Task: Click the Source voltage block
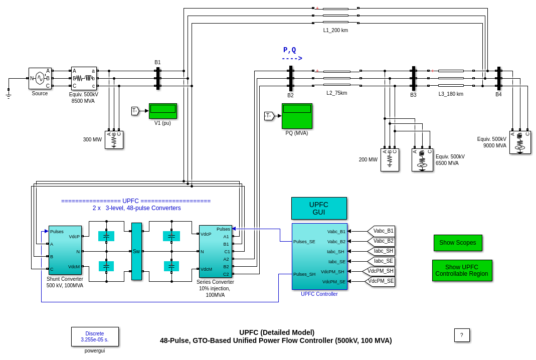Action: coord(40,78)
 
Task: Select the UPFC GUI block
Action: coord(319,208)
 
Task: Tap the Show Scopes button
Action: coord(458,243)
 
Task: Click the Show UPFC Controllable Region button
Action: coord(462,270)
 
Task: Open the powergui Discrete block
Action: coord(95,336)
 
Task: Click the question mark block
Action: coord(462,335)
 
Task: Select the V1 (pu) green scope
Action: coord(162,111)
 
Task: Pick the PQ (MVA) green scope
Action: coord(297,116)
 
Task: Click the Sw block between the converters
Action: coord(136,251)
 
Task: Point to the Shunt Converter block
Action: coord(65,250)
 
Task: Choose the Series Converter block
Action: coord(215,251)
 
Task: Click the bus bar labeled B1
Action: coord(158,78)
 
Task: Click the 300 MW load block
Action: coord(114,140)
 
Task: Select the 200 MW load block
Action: coord(390,160)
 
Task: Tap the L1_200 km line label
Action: coord(335,30)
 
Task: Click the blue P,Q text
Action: coord(290,50)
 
